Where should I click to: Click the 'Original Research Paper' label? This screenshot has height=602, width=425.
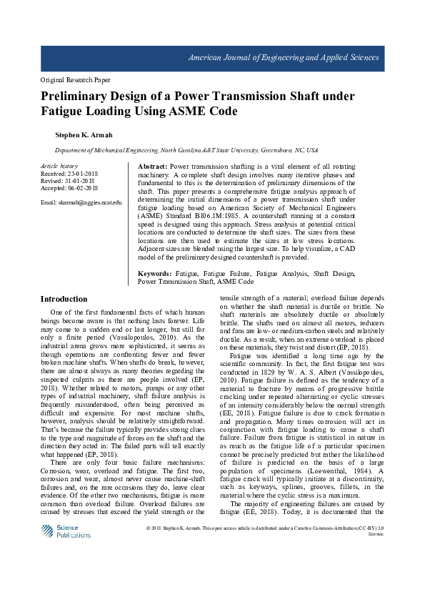point(75,80)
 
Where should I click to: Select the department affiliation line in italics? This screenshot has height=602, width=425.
point(186,151)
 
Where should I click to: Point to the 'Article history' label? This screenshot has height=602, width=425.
point(59,166)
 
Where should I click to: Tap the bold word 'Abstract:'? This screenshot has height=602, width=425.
point(152,166)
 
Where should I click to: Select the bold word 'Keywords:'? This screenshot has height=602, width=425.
point(154,274)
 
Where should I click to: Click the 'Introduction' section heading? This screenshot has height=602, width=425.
point(64,299)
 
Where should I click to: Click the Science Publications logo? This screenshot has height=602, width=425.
point(66,531)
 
